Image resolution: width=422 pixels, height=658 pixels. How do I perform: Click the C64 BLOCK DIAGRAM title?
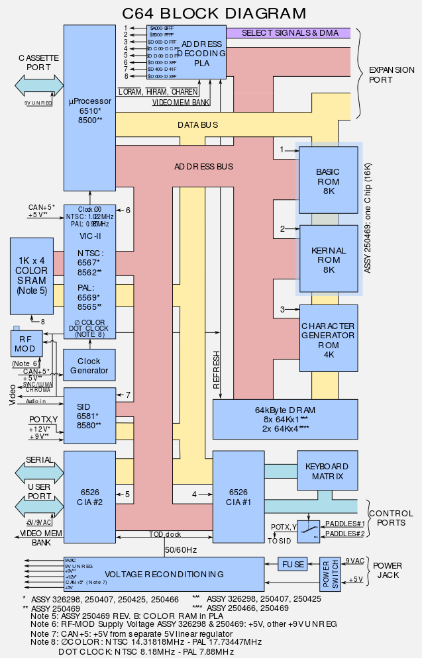[215, 13]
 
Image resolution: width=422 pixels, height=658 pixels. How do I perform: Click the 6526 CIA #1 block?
[238, 497]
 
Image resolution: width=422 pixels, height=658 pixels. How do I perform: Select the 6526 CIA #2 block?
[89, 497]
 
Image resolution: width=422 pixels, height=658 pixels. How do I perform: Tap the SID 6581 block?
[89, 415]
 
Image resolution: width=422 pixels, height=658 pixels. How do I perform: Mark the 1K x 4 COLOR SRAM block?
[31, 275]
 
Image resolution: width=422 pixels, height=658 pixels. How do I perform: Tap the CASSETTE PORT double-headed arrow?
[39, 86]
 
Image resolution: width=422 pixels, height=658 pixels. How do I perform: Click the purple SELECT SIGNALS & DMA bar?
[288, 32]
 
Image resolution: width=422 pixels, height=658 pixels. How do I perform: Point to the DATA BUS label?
[197, 125]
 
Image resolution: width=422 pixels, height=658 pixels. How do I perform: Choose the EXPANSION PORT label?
[391, 74]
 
